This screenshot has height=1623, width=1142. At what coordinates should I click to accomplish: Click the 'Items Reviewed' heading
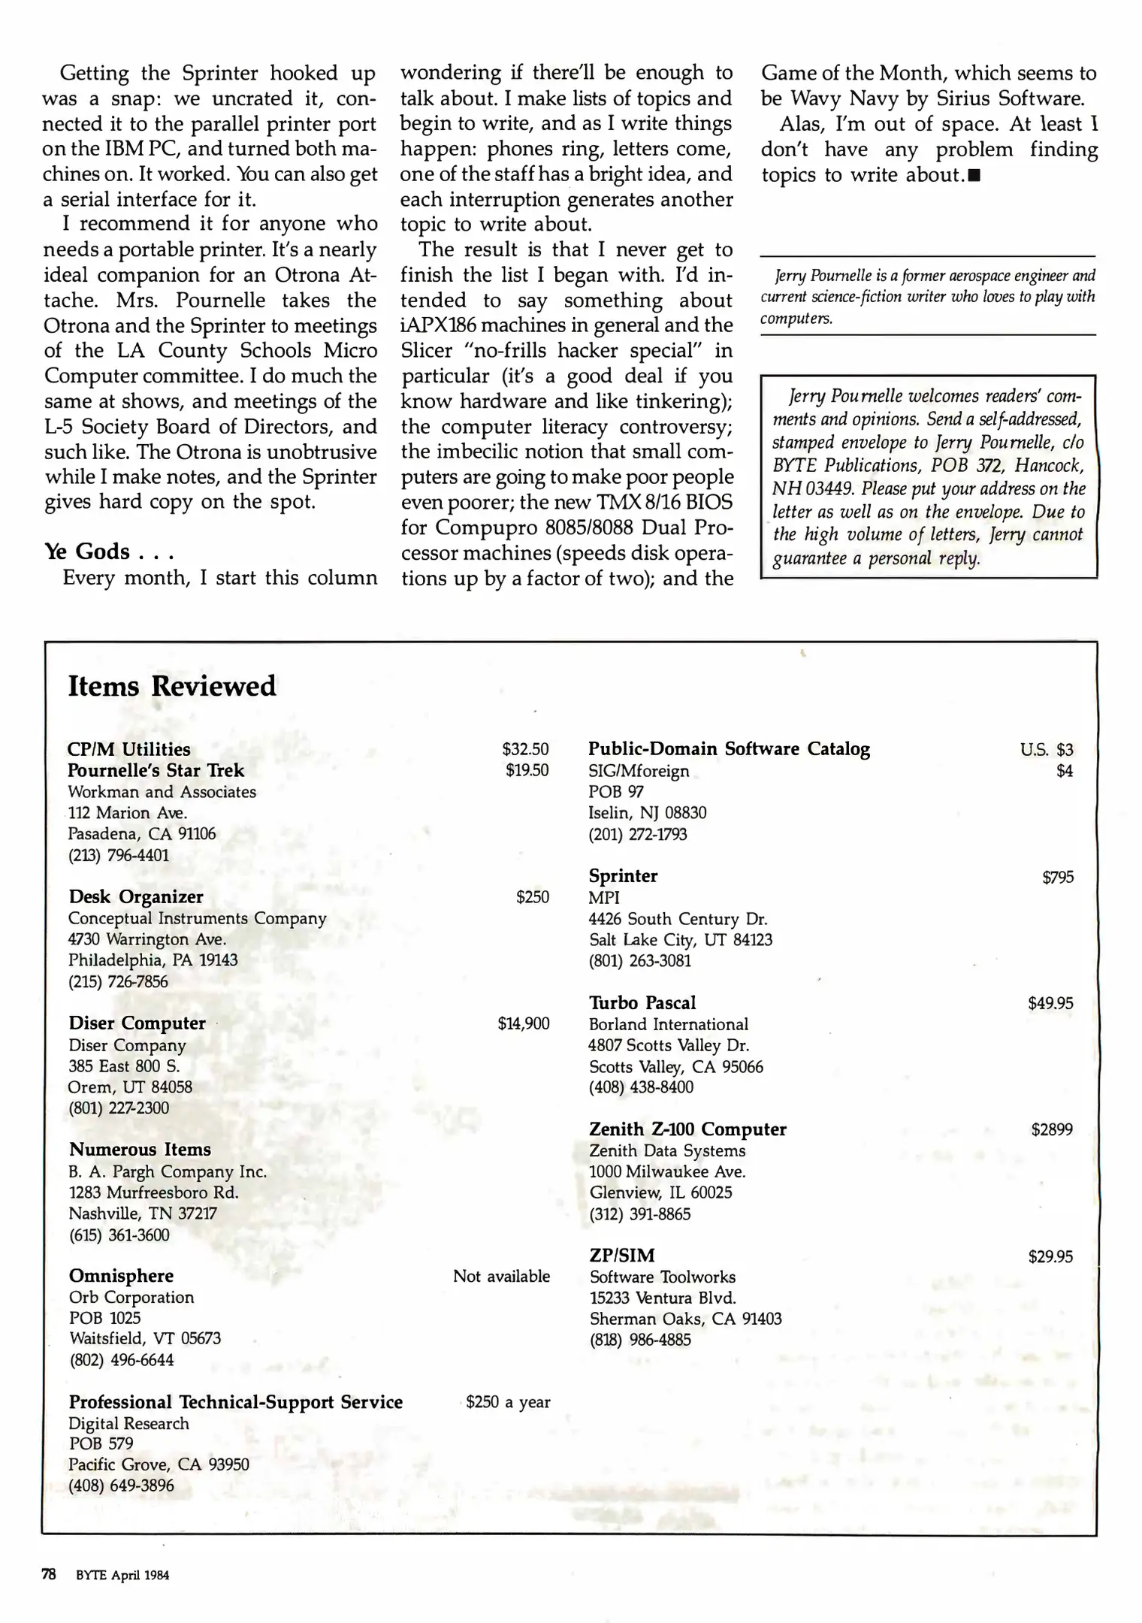tap(172, 686)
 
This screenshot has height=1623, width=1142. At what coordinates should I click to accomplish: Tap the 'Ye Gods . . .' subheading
tap(109, 552)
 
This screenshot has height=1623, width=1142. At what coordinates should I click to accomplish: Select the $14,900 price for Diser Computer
tap(523, 1023)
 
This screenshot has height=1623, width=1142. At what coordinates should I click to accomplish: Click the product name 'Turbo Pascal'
tap(642, 1002)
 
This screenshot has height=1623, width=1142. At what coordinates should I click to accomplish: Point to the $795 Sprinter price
tap(1058, 877)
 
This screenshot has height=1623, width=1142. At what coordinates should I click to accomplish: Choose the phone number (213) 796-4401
tap(119, 855)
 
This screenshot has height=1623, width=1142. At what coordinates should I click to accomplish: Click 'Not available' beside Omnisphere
tap(501, 1276)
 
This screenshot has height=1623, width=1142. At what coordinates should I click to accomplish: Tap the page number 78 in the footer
tap(49, 1575)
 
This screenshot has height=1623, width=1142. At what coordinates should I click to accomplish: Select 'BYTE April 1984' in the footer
tap(122, 1576)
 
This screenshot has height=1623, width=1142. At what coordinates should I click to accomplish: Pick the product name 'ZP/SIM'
tap(622, 1255)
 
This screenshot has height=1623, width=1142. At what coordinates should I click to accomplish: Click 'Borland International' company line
tap(668, 1024)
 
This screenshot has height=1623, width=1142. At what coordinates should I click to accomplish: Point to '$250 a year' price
tap(508, 1402)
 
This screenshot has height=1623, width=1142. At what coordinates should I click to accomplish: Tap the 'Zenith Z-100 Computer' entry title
tap(687, 1129)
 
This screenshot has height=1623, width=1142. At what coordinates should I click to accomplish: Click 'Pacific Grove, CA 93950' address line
tap(159, 1464)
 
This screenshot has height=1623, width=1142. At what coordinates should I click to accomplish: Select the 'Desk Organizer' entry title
tap(136, 897)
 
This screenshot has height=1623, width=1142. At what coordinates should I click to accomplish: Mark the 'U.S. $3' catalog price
tap(1047, 749)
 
